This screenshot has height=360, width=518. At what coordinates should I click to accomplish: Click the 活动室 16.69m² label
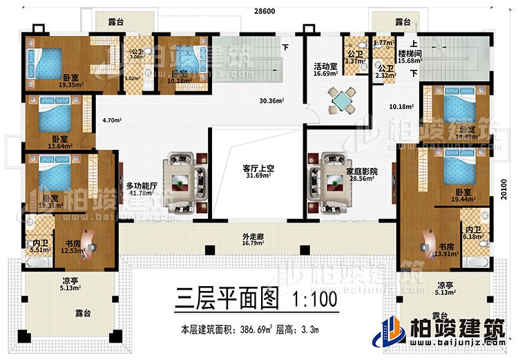pyautogui.click(x=325, y=71)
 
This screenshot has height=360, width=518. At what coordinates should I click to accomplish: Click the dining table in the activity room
pyautogui.click(x=341, y=101)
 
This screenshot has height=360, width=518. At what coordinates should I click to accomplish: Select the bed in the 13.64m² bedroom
pyautogui.click(x=55, y=117)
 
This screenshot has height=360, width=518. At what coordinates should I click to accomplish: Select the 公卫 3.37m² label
pyautogui.click(x=356, y=57)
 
